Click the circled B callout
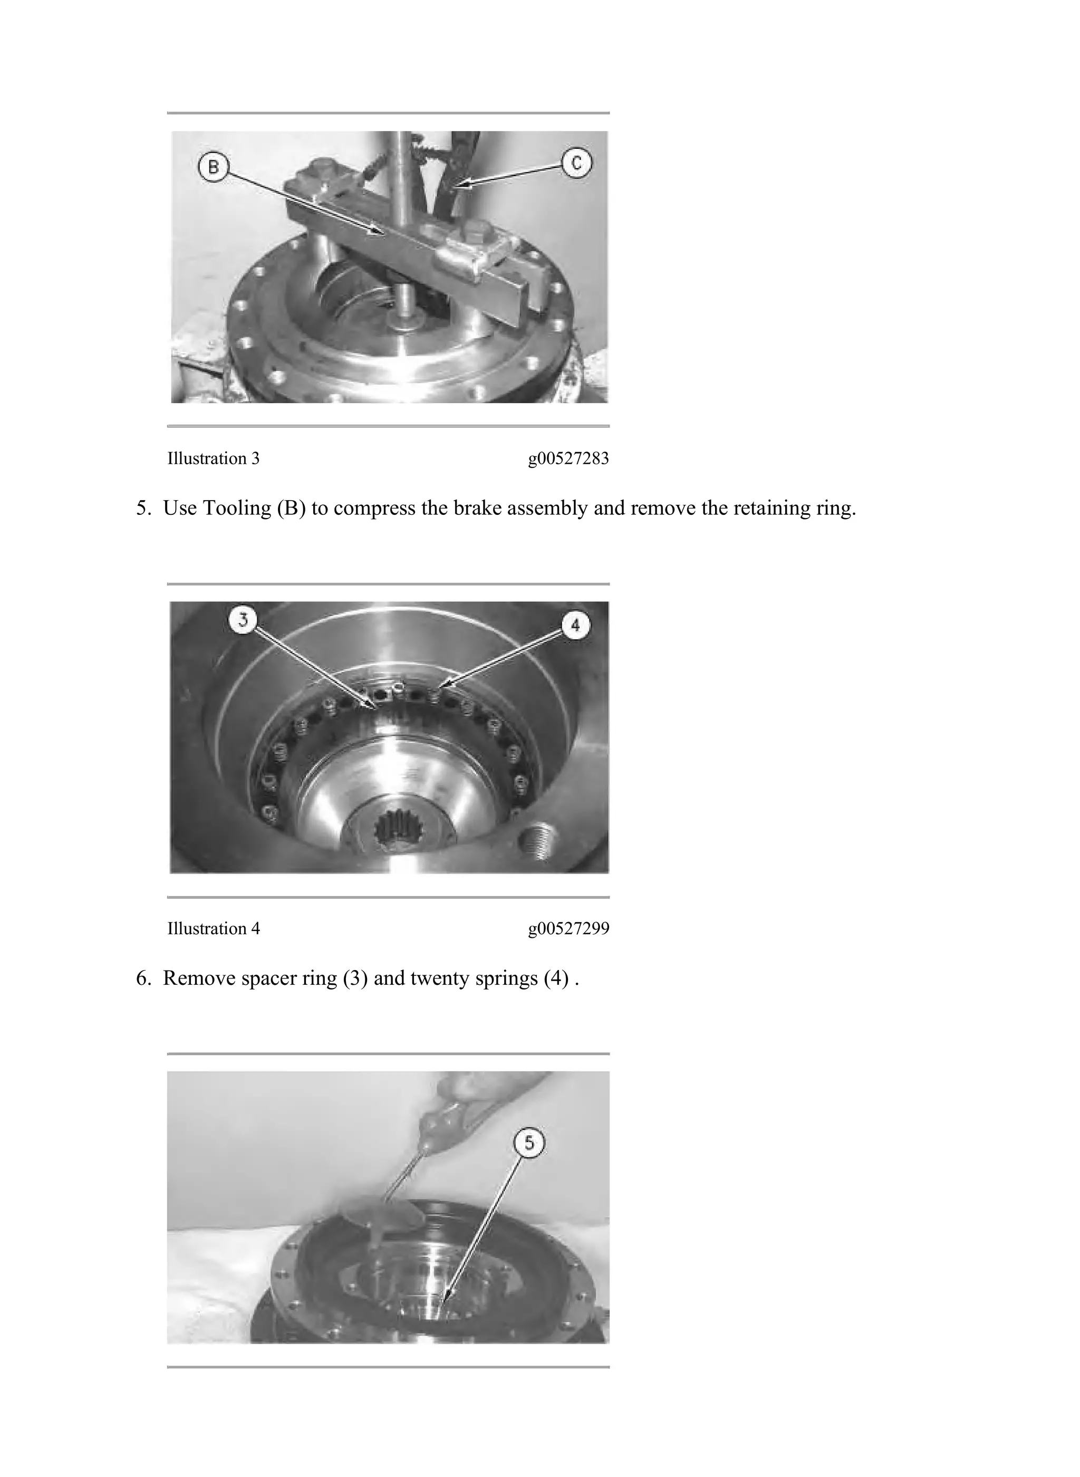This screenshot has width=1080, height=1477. pos(213,167)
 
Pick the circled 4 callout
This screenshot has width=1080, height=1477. pos(575,626)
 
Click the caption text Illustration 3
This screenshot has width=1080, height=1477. pos(213,458)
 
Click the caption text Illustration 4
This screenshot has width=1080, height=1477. pos(213,928)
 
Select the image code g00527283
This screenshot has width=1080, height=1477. pos(568,459)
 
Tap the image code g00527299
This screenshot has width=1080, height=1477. pos(568,929)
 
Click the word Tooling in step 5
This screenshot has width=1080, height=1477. pos(237,509)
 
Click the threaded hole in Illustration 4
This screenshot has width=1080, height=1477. pos(537,843)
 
